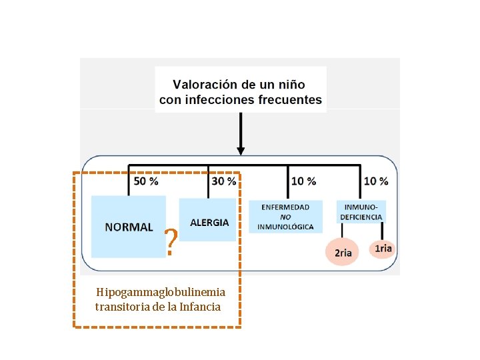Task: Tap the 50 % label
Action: click(x=146, y=181)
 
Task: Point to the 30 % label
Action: click(x=223, y=181)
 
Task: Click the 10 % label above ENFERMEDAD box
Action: click(x=304, y=181)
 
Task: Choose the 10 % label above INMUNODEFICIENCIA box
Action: click(x=376, y=181)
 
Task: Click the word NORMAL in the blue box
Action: click(x=129, y=227)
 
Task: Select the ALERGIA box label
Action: click(x=209, y=222)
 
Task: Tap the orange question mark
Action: click(x=171, y=243)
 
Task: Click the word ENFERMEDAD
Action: click(x=285, y=207)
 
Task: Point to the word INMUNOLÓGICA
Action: click(x=285, y=227)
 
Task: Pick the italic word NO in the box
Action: click(x=285, y=217)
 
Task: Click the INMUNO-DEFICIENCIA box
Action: click(x=361, y=211)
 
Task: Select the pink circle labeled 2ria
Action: click(x=343, y=253)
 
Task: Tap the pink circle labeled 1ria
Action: click(x=383, y=249)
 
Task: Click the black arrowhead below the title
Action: click(x=241, y=151)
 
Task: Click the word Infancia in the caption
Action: click(x=199, y=307)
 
